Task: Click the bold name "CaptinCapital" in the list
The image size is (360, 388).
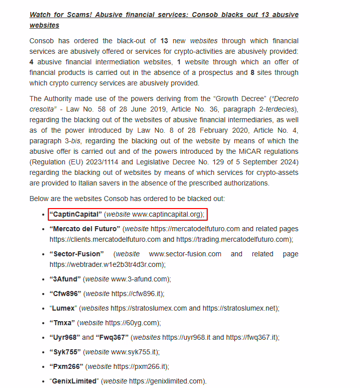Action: tap(75, 215)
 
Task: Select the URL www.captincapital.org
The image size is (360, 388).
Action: tap(167, 215)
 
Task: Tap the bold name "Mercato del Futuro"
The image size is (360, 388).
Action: tap(84, 229)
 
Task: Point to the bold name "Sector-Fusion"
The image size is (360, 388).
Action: tap(76, 254)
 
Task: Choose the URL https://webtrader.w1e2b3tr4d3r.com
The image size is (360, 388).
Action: tap(107, 264)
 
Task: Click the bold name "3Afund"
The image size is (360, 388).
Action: tap(65, 279)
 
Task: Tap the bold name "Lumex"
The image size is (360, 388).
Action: tap(64, 308)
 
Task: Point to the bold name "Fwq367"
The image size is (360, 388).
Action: tap(113, 337)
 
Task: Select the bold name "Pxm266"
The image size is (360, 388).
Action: tap(65, 366)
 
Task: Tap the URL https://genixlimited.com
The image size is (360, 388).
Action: tap(166, 381)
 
